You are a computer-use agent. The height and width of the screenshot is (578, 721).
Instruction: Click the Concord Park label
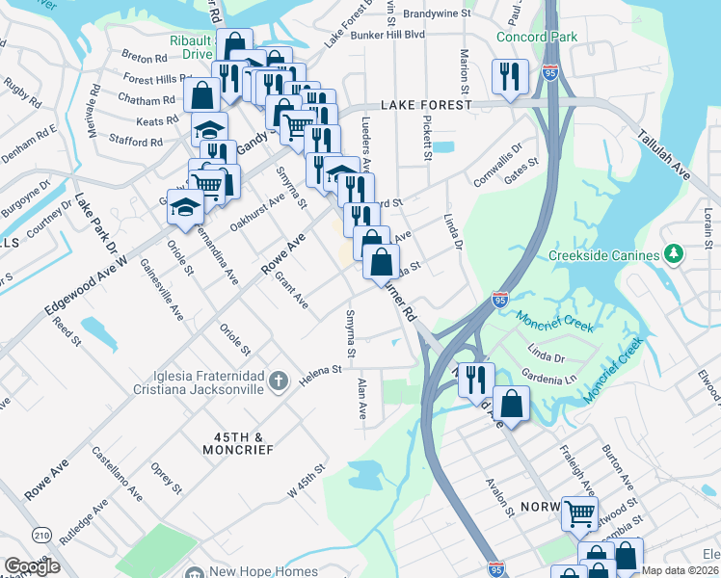(536, 38)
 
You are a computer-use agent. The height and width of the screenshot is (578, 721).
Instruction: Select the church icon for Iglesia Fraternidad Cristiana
(279, 381)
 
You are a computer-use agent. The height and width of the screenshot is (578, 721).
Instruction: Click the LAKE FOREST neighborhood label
(426, 105)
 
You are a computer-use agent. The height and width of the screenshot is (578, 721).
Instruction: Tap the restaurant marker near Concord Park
(509, 77)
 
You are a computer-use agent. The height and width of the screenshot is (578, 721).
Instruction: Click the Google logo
(32, 566)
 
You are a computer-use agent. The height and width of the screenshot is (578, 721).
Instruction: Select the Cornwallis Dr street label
(496, 162)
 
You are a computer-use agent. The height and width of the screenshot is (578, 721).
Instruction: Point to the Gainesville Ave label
(161, 288)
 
